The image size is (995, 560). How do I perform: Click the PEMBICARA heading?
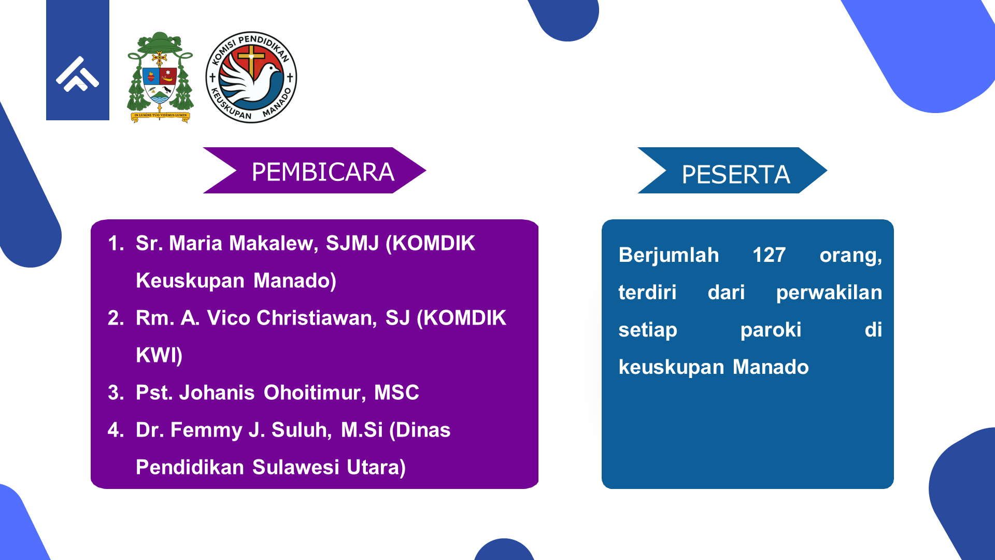click(x=323, y=172)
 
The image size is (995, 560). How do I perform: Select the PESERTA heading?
click(x=736, y=175)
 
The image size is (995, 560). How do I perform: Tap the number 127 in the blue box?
click(x=769, y=255)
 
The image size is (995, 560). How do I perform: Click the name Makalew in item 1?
click(x=274, y=244)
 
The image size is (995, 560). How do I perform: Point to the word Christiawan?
click(x=317, y=318)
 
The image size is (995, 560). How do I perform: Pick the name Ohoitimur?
click(x=315, y=393)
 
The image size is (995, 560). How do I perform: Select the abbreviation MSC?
click(x=396, y=393)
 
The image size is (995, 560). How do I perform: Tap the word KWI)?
click(x=159, y=356)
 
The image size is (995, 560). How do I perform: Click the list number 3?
click(x=116, y=393)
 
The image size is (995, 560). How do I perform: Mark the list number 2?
click(x=116, y=318)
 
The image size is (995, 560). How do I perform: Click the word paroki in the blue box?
click(x=771, y=330)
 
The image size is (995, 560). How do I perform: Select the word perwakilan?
click(x=829, y=293)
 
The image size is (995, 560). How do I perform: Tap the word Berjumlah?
click(x=669, y=256)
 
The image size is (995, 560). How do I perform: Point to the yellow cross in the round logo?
click(x=251, y=59)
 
